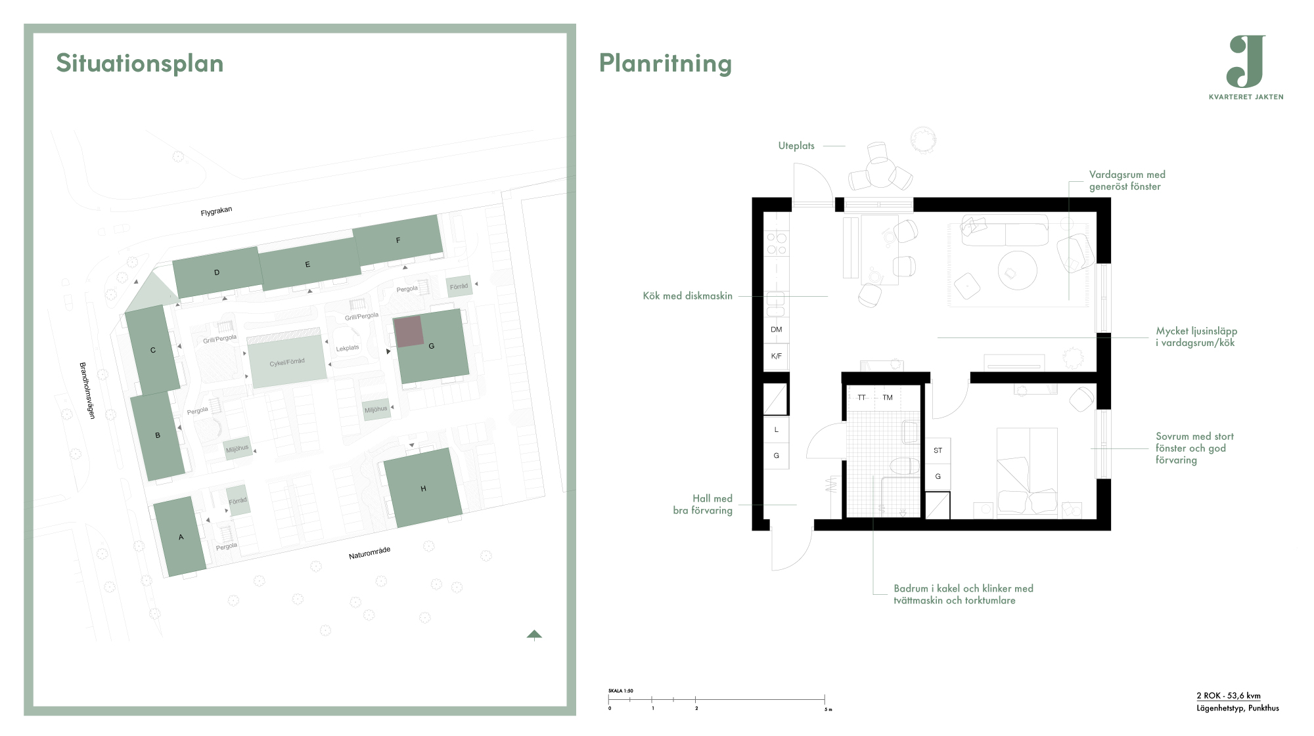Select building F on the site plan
click(397, 240)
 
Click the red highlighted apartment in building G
click(409, 332)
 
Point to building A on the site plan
click(179, 537)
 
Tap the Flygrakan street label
click(216, 211)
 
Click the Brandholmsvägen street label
click(87, 391)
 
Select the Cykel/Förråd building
click(287, 362)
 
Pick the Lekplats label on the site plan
click(348, 348)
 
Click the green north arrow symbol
click(534, 634)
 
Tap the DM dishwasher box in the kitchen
click(776, 330)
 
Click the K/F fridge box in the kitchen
click(776, 357)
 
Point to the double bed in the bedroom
click(1027, 471)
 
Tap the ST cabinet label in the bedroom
click(938, 450)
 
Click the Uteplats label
click(796, 146)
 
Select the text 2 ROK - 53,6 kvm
click(1229, 696)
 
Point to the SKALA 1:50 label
click(621, 691)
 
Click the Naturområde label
click(370, 553)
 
